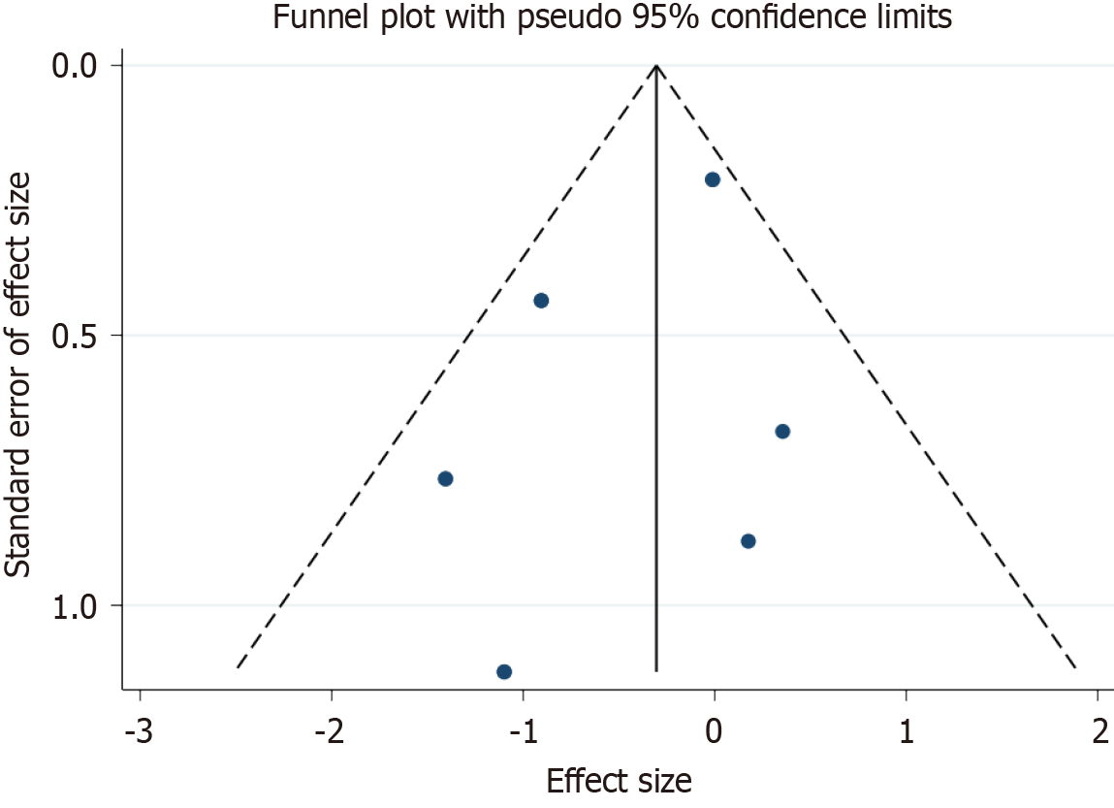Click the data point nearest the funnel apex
tap(713, 179)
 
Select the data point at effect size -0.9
tap(541, 300)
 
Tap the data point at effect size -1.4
tap(446, 478)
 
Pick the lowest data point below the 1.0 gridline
tap(504, 671)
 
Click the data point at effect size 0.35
tap(782, 431)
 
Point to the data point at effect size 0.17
tap(748, 540)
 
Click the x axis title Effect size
tap(620, 781)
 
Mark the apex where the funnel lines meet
tap(656, 66)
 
